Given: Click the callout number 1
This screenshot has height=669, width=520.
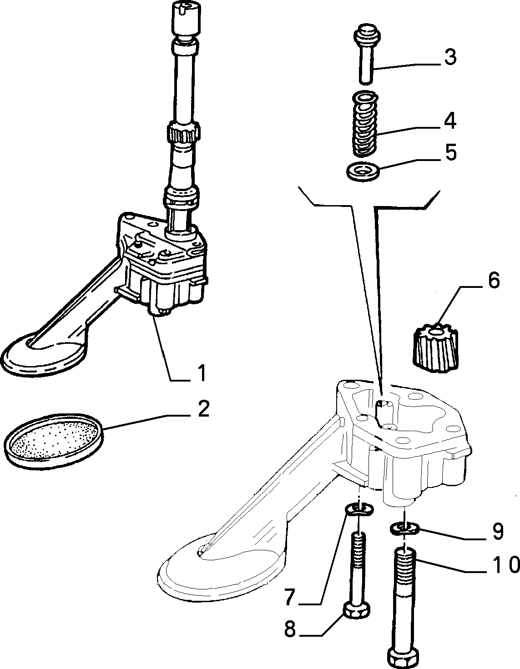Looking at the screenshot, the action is tap(202, 373).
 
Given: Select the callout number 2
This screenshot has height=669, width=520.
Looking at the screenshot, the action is tap(203, 409).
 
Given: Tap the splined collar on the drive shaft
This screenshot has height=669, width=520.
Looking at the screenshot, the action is tap(183, 131).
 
